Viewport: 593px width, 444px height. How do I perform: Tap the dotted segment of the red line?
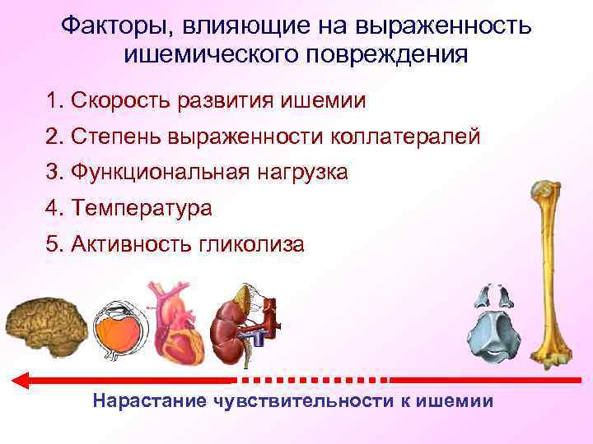click(313, 380)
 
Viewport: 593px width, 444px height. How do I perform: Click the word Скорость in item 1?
click(122, 101)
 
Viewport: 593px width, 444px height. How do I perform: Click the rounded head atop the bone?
click(543, 191)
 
